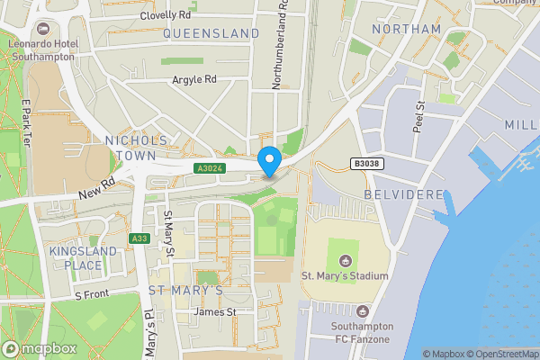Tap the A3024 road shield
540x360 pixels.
pos(209,168)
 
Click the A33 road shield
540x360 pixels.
pos(139,238)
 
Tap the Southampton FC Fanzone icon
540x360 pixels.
pos(363,310)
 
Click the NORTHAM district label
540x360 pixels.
pos(406,29)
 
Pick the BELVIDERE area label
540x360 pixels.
pos(404,194)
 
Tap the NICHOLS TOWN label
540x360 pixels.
pos(136,148)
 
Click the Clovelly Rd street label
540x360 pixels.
pos(166,15)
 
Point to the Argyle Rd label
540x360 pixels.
pos(195,79)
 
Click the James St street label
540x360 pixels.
pos(215,311)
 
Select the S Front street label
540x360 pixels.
pos(91,294)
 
